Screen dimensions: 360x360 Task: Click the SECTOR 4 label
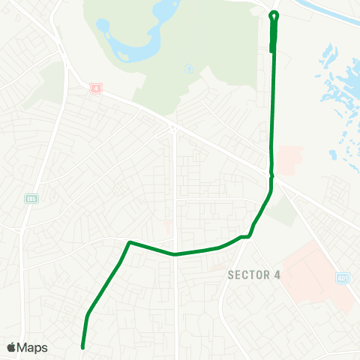tap(253, 275)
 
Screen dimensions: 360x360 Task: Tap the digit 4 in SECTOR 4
tap(277, 275)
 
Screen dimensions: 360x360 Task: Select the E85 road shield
tap(31, 199)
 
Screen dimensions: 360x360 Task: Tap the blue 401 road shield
tap(343, 277)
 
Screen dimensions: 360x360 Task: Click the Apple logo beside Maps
tap(11, 347)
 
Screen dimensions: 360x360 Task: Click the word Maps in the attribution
tap(32, 347)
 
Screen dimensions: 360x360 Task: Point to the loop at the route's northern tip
tap(274, 14)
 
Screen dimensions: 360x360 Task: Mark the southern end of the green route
tap(82, 347)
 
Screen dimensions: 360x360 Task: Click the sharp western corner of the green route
tap(130, 242)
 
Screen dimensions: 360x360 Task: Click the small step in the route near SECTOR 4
tap(244, 237)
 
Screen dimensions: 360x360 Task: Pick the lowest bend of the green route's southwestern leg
tap(87, 315)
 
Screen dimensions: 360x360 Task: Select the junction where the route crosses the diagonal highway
tap(271, 176)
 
